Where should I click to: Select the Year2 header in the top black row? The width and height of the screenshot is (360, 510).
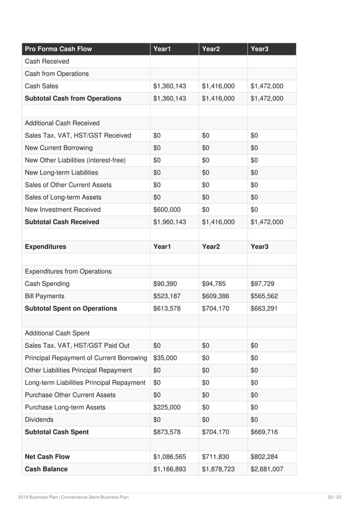(x=210, y=49)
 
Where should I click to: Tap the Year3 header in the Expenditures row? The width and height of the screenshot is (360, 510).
(x=259, y=247)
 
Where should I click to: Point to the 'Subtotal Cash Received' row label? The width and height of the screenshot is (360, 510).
(x=62, y=222)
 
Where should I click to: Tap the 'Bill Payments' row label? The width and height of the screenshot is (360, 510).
(x=45, y=296)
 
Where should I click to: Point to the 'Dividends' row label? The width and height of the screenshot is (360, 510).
(x=39, y=420)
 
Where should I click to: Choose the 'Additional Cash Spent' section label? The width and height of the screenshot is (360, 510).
(x=58, y=333)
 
